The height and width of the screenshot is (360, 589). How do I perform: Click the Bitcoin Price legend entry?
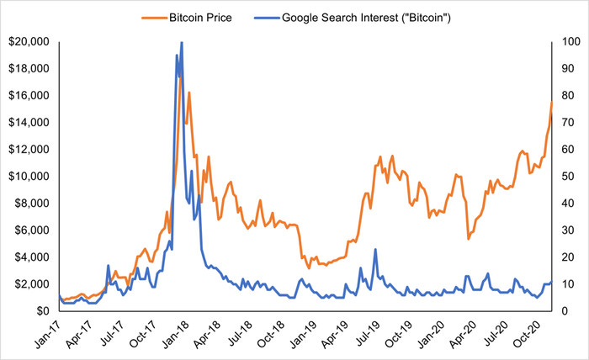tap(187, 18)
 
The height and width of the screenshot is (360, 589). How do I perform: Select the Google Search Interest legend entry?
tap(353, 18)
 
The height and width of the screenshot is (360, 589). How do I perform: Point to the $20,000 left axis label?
tap(29, 41)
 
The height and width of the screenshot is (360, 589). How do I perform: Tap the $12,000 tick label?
tap(29, 150)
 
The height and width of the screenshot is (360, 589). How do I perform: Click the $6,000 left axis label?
tap(32, 230)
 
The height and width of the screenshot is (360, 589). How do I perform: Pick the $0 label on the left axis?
tap(43, 311)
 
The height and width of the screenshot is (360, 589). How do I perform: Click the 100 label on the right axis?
tap(571, 41)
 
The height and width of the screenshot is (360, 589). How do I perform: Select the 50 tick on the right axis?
tap(568, 176)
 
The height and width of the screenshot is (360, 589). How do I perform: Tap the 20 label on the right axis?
tap(568, 257)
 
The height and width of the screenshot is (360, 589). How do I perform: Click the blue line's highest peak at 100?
tap(182, 42)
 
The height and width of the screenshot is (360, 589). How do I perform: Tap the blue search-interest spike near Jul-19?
tap(375, 249)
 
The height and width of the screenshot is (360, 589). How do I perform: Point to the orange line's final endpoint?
tap(551, 102)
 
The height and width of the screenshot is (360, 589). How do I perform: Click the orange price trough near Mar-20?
tap(469, 239)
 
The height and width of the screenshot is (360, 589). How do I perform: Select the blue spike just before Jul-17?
tap(109, 266)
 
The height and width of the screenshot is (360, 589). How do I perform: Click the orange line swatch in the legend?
tap(154, 18)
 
